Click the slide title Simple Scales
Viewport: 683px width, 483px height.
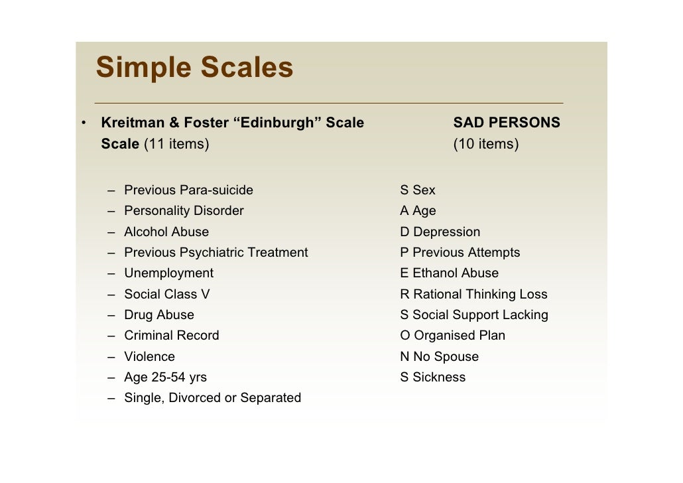(x=194, y=68)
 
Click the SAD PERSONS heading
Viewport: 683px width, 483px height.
(x=507, y=123)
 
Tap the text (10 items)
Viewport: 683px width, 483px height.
(x=485, y=144)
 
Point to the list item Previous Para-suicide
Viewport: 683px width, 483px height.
(x=188, y=190)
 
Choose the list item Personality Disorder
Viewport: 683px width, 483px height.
(x=184, y=211)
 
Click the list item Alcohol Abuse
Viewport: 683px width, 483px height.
(x=166, y=232)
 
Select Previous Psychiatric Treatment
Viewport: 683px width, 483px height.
(x=216, y=253)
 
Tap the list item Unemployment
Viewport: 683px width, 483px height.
(x=168, y=273)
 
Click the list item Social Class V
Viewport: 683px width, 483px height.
(x=166, y=295)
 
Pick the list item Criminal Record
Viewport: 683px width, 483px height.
(x=171, y=336)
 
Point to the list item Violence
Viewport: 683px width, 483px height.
(x=149, y=357)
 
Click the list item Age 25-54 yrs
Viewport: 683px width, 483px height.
(x=165, y=378)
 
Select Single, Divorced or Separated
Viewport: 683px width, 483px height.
(x=212, y=398)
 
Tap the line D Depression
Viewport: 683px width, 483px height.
(x=440, y=232)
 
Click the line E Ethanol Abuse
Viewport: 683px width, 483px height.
(x=449, y=273)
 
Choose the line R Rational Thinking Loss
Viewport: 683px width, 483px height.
(x=473, y=295)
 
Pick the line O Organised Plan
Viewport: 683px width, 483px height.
(x=452, y=336)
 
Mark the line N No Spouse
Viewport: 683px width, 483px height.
(x=439, y=357)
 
